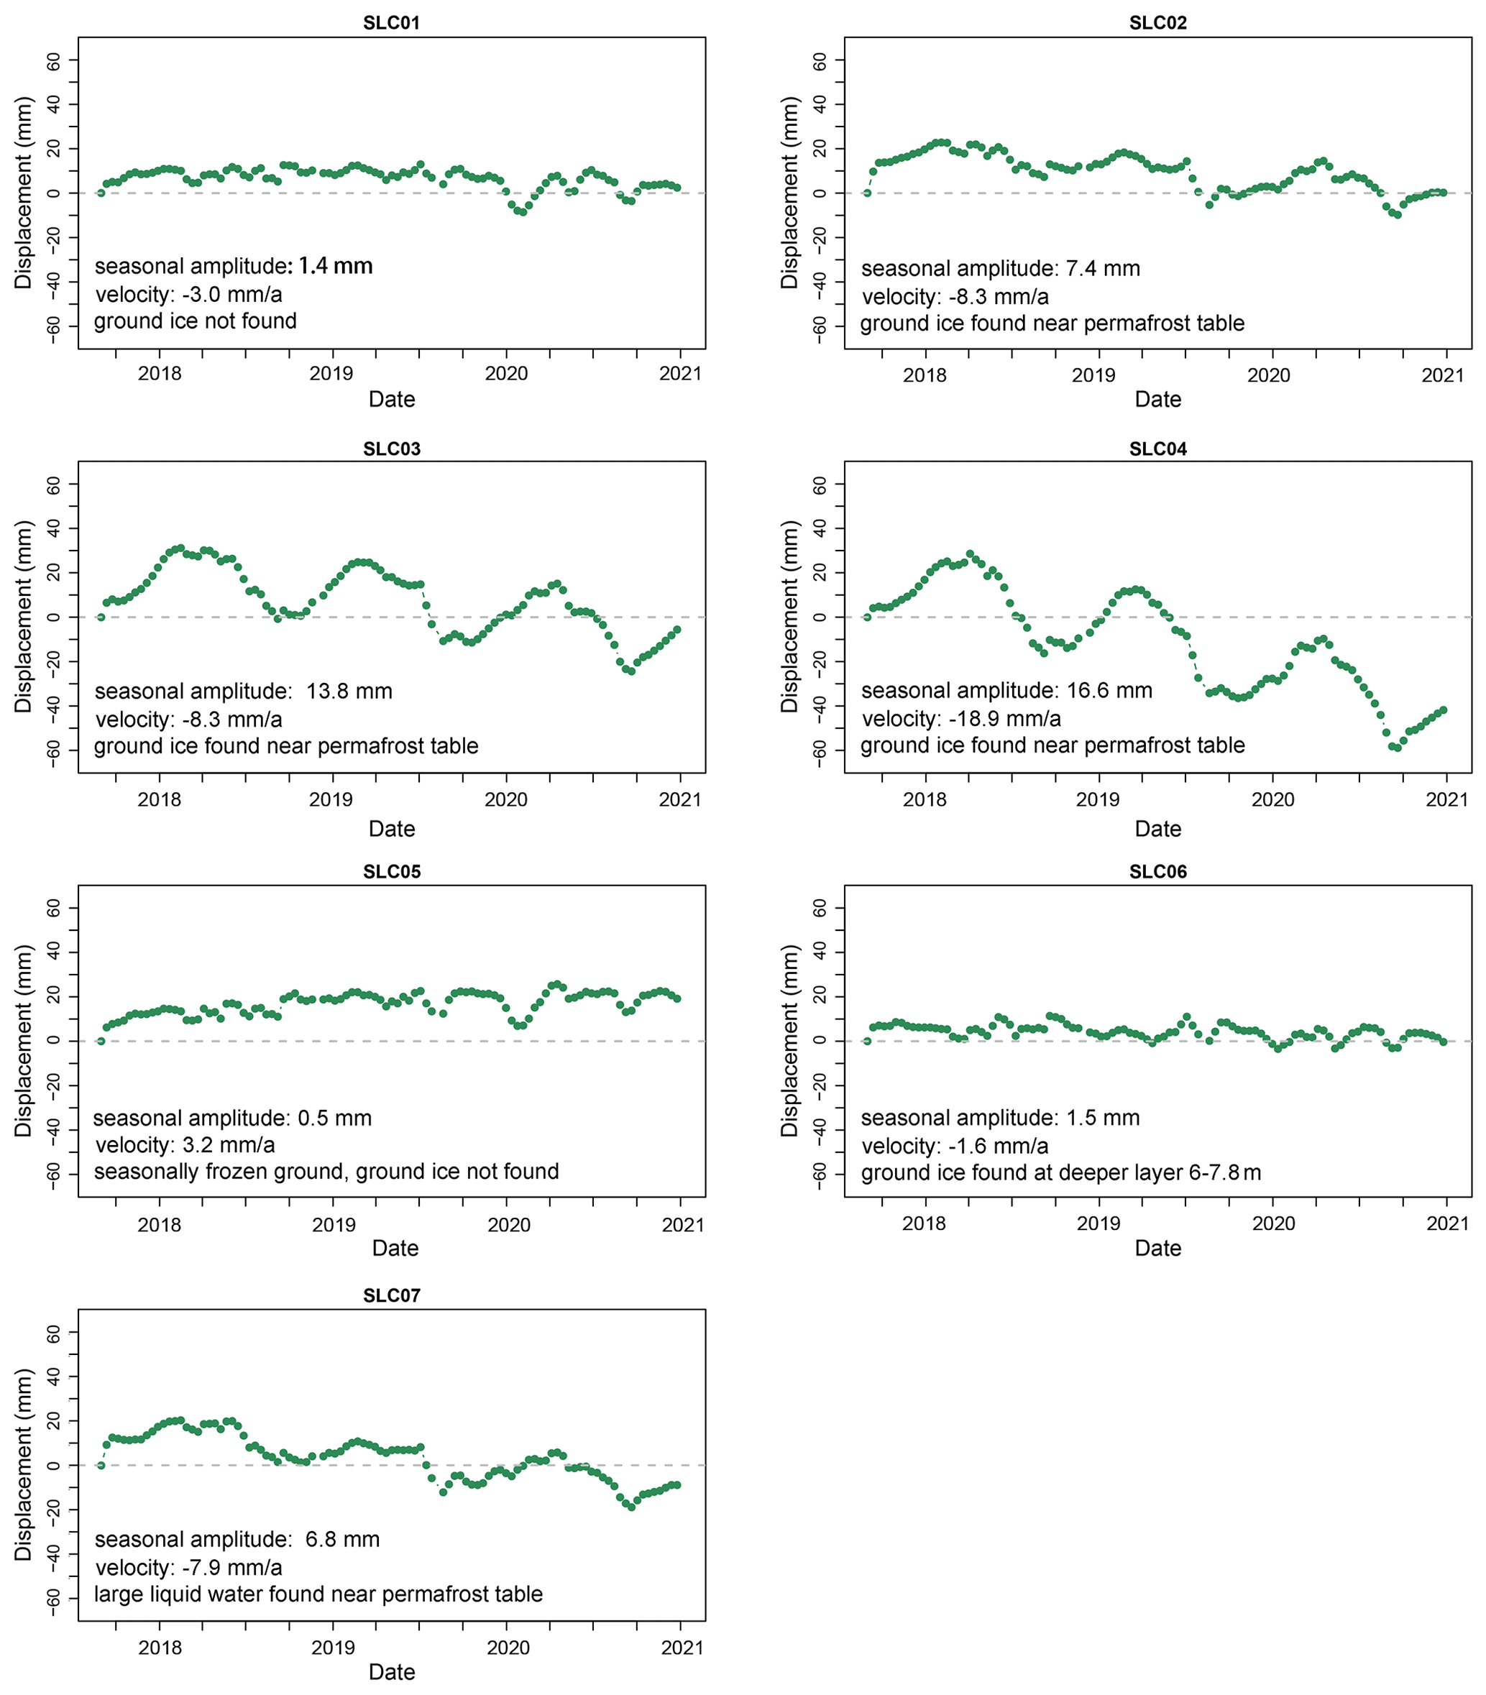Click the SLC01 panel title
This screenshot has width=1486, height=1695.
point(391,22)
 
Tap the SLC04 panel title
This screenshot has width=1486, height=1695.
point(1157,449)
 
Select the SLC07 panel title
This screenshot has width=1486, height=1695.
point(391,1295)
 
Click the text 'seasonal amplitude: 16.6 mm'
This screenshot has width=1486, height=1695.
point(1006,691)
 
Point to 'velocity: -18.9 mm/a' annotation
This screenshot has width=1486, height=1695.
point(960,719)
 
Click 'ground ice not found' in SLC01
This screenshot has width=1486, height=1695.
point(195,321)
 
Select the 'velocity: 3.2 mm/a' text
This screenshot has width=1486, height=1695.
point(185,1145)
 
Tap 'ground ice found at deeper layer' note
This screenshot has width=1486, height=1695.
point(1060,1172)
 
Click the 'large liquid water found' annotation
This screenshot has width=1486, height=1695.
point(318,1594)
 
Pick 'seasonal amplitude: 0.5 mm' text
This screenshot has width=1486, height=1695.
point(232,1118)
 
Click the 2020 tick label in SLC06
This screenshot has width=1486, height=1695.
point(1273,1223)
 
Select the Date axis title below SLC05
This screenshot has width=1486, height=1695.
point(395,1248)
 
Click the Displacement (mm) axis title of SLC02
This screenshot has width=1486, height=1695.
point(789,193)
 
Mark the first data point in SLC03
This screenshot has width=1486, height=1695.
point(101,617)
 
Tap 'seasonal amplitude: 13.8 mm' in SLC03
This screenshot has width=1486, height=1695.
point(243,691)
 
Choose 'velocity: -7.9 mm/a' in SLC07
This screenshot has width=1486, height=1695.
point(188,1568)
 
